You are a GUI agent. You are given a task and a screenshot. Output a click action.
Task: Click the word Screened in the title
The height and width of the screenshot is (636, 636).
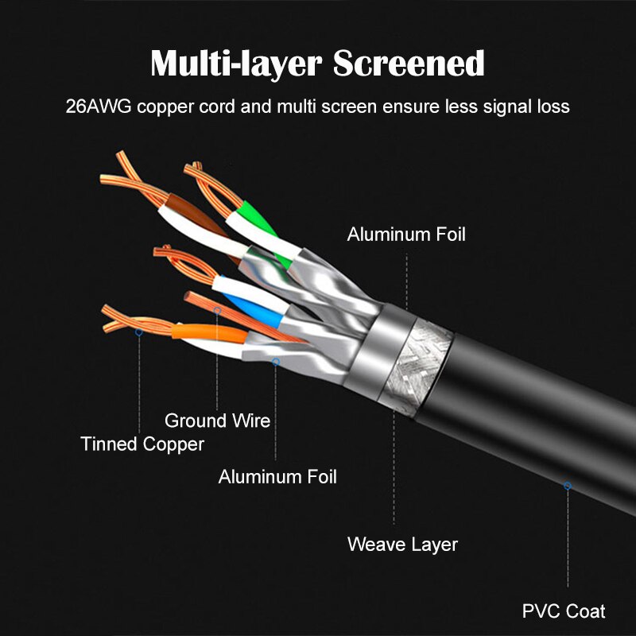(409, 63)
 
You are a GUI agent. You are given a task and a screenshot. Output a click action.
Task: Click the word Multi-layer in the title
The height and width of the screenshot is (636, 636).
(236, 64)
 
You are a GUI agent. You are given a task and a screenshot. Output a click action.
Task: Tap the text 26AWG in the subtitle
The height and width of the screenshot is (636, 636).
(99, 107)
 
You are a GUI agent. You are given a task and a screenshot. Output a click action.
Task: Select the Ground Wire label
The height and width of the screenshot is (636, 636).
(217, 421)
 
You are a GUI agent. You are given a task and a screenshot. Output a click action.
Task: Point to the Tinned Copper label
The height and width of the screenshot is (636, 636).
(142, 444)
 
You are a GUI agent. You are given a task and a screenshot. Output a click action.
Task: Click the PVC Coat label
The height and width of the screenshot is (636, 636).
(564, 611)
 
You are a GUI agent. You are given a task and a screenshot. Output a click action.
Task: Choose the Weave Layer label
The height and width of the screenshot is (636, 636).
(402, 545)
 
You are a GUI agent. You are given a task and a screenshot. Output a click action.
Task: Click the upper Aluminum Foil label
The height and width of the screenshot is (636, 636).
(406, 235)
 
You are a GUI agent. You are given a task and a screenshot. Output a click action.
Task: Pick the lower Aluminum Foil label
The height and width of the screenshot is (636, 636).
(277, 476)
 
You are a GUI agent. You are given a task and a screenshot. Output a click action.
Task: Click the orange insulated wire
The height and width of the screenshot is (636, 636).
(209, 332)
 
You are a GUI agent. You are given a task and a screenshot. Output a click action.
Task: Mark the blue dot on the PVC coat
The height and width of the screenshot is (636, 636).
(568, 486)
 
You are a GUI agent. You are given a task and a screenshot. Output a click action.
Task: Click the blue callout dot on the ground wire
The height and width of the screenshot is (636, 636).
(217, 311)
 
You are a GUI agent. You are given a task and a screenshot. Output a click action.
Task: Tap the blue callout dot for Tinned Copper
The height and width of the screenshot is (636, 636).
(138, 332)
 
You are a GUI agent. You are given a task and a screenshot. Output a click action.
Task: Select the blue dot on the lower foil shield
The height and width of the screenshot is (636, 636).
(275, 362)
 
